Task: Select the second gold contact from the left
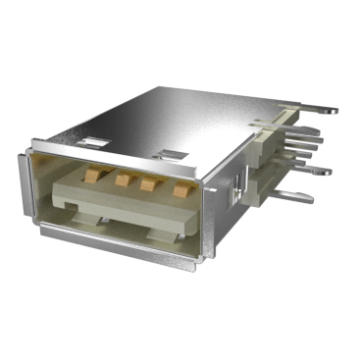click(124, 180)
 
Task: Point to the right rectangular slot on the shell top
click(172, 154)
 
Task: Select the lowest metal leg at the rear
click(299, 194)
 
